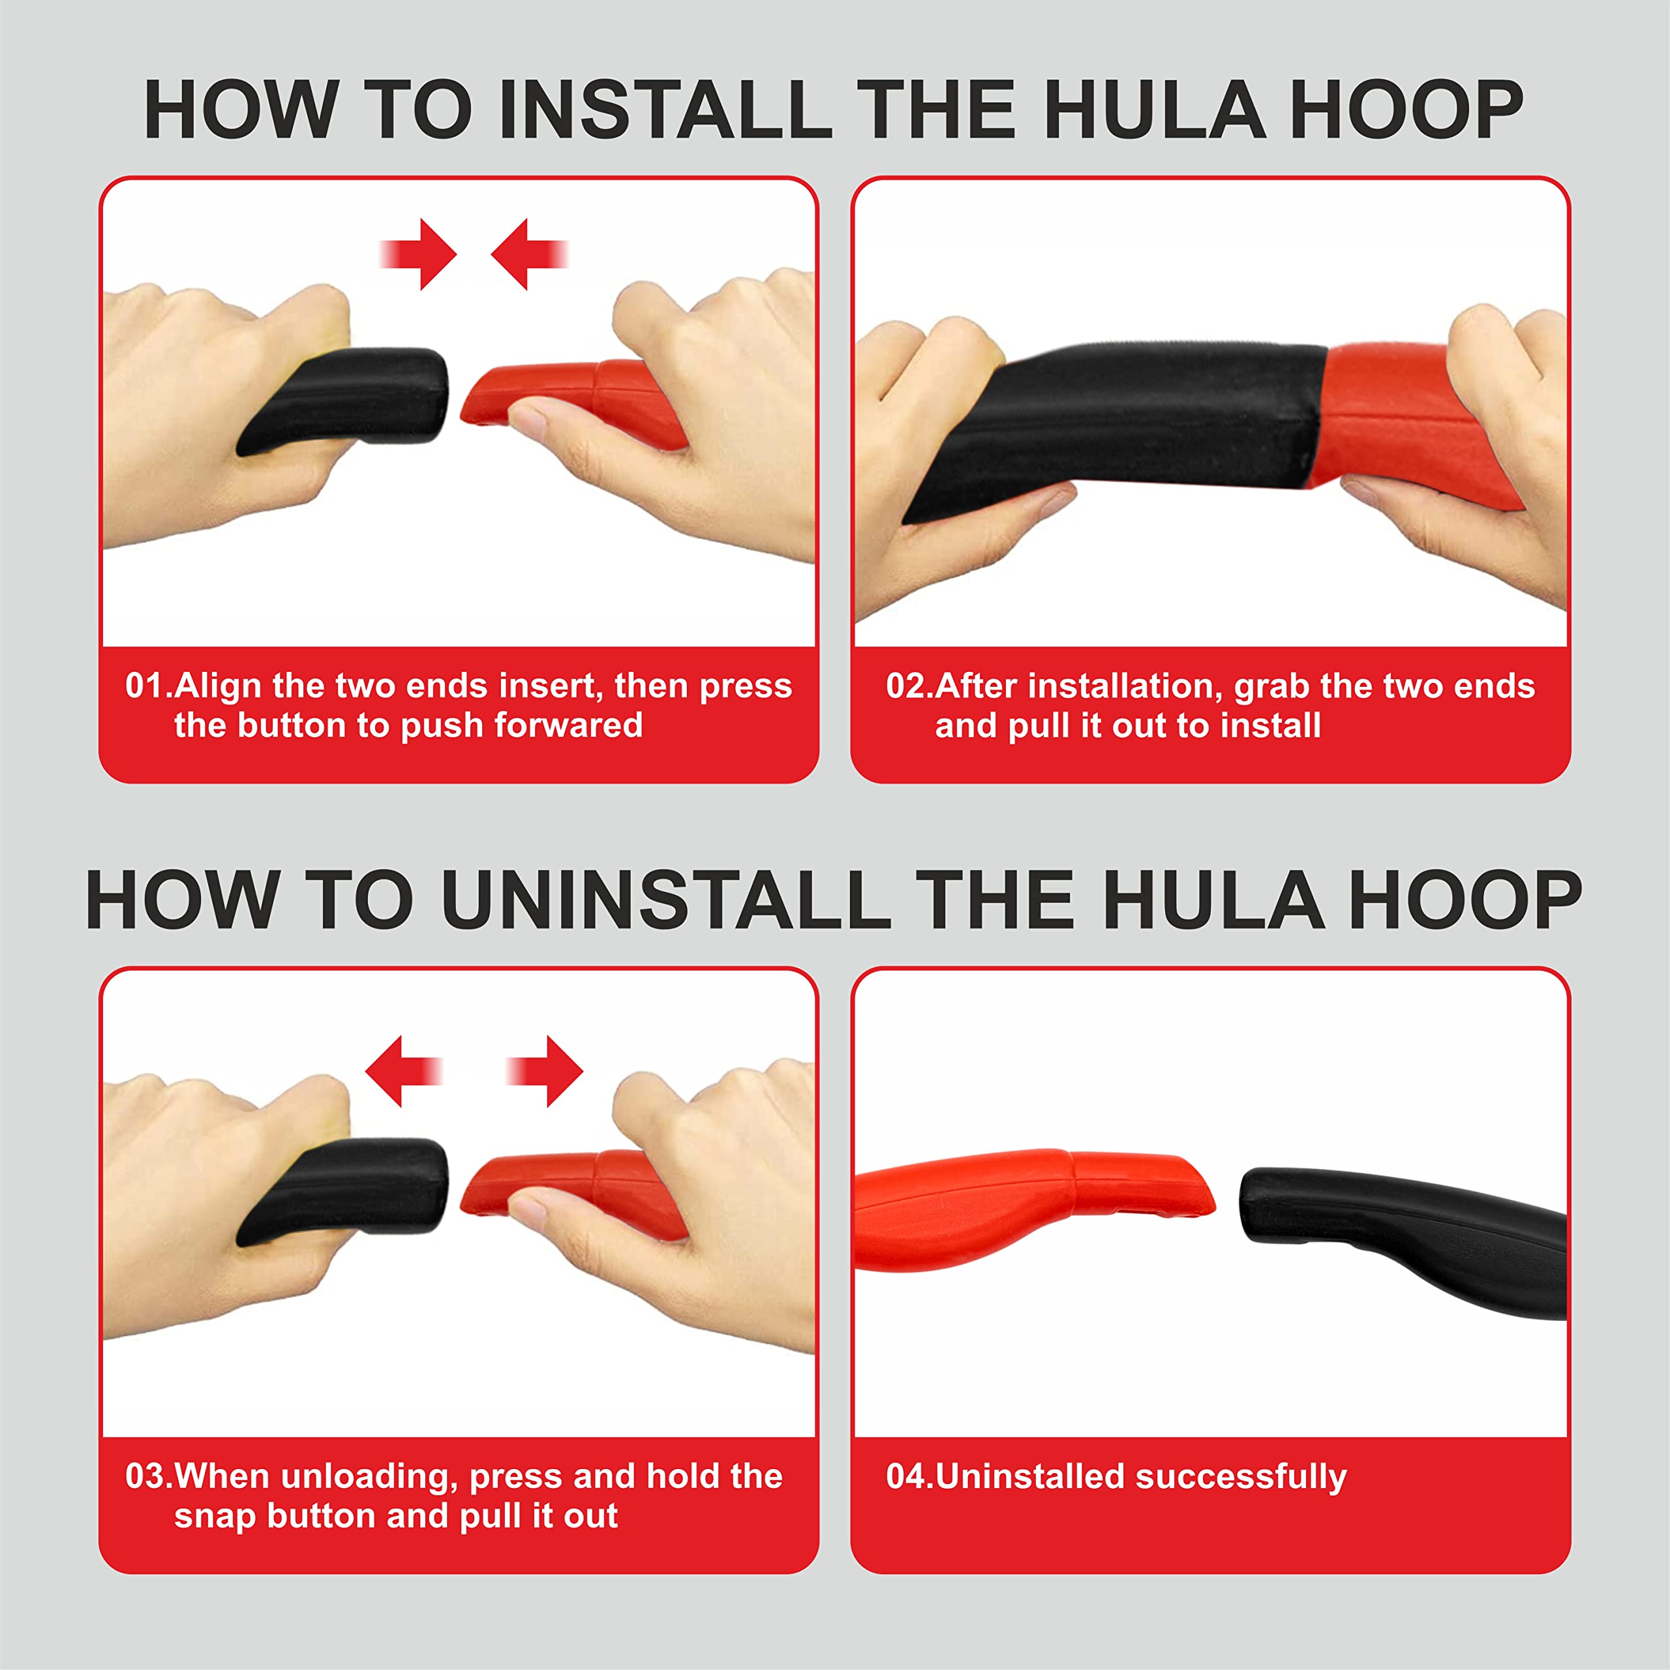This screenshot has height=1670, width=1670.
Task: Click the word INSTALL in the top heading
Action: (x=665, y=110)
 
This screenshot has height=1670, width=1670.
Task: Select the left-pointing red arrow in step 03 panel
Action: (x=404, y=1072)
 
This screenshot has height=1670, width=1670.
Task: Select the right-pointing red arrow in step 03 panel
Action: (x=545, y=1072)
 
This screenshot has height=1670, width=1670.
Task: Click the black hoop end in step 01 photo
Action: (x=346, y=399)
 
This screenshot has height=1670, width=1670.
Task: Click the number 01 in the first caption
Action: (x=144, y=686)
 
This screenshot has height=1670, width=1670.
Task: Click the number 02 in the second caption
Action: (x=905, y=686)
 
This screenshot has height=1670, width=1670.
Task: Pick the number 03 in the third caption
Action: (x=144, y=1476)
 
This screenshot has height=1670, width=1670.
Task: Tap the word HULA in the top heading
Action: (x=1155, y=110)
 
